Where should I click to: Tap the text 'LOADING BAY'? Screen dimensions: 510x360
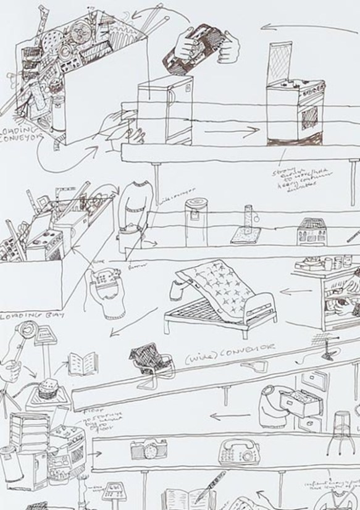(25, 316)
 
